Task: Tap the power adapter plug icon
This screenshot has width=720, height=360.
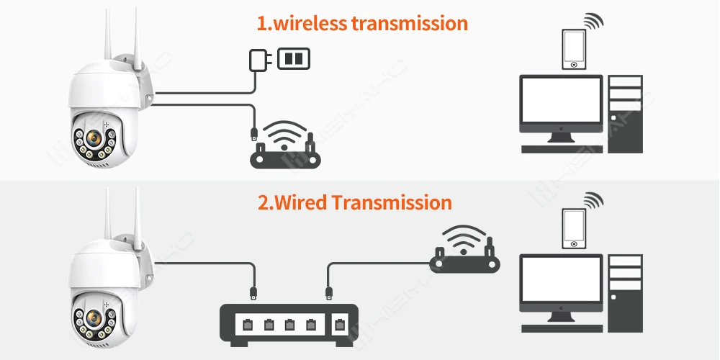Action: [258, 59]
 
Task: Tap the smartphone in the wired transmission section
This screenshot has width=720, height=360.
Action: [574, 227]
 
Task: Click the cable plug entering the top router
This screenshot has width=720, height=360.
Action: [253, 133]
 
